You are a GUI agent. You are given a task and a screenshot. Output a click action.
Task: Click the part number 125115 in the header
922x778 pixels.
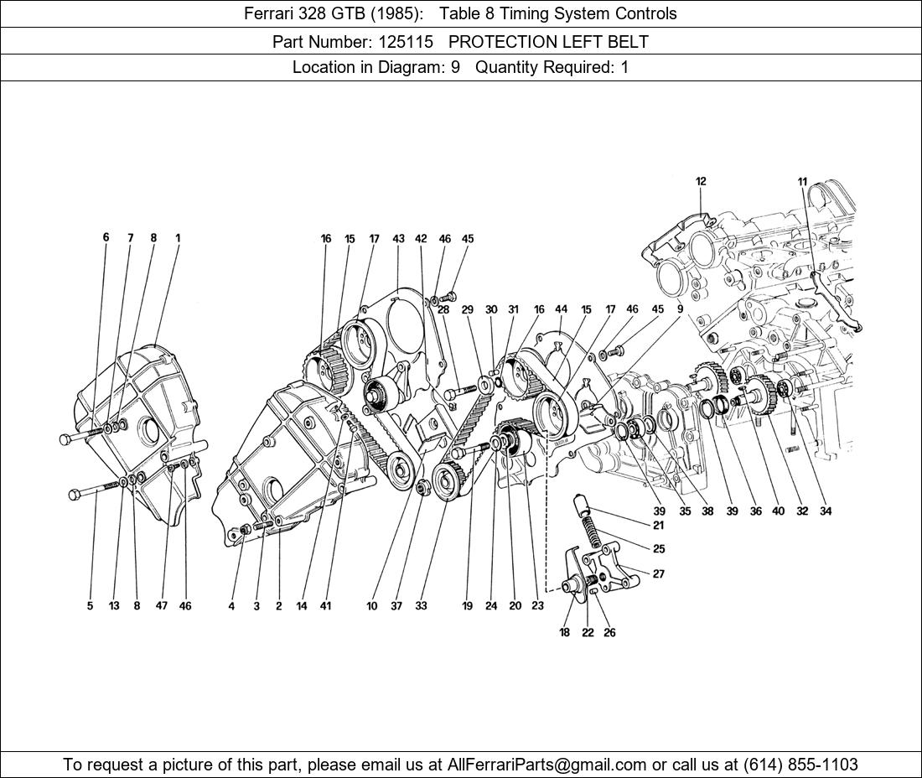tap(406, 42)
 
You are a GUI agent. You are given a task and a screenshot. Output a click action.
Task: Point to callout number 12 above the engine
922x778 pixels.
tap(701, 182)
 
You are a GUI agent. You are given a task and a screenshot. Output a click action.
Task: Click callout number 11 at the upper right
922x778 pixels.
tap(803, 182)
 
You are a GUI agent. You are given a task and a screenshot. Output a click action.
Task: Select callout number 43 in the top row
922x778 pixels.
tap(398, 239)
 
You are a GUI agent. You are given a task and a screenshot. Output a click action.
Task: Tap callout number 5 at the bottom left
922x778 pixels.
tap(90, 605)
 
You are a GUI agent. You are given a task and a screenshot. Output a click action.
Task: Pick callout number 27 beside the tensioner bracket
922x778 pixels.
tap(659, 573)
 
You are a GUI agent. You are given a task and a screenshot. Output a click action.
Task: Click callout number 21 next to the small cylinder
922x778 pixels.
tap(659, 525)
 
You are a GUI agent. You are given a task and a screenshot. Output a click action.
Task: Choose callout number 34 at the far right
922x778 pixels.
tap(826, 511)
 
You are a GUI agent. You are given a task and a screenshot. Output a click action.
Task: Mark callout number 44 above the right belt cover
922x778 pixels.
tap(561, 309)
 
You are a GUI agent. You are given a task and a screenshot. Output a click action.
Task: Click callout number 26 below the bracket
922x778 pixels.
tap(609, 633)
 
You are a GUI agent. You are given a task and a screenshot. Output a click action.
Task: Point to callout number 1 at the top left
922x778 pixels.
tap(178, 238)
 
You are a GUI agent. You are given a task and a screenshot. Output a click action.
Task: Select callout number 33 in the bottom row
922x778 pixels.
tap(421, 605)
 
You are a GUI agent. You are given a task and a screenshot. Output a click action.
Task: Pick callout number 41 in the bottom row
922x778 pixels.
tap(325, 605)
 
